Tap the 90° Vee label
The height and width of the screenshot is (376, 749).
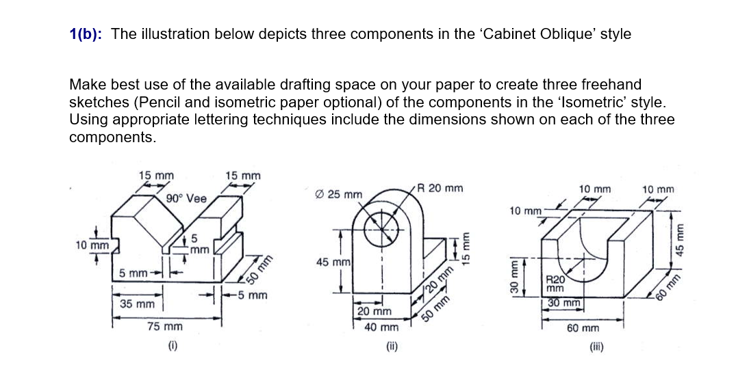pyautogui.click(x=186, y=199)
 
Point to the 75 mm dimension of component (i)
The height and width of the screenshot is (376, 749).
pyautogui.click(x=165, y=327)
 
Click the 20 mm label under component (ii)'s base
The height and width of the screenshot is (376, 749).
pyautogui.click(x=374, y=312)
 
